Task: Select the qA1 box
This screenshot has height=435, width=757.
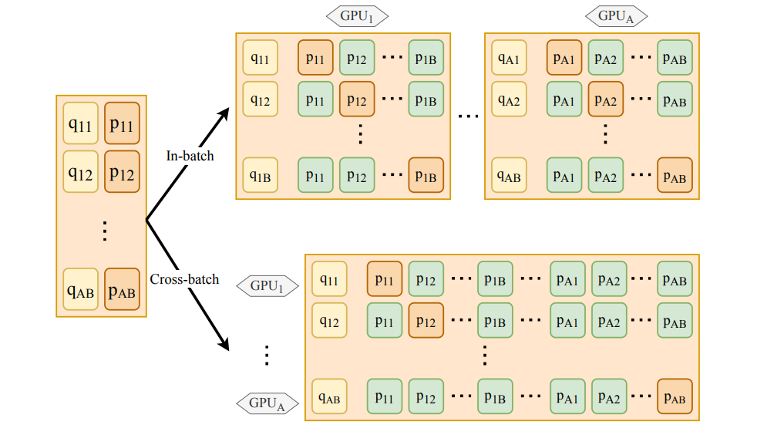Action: [x=509, y=58]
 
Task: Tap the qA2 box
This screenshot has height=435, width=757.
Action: [x=509, y=99]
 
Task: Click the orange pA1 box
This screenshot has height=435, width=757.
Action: [x=564, y=58]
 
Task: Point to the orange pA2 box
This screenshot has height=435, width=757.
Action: [x=606, y=99]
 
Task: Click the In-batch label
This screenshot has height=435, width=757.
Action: [x=190, y=156]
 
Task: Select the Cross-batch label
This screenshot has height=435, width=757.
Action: [x=184, y=279]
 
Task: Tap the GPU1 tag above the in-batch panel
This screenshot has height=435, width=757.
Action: [x=357, y=15]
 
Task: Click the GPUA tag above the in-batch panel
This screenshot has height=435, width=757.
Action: [x=616, y=15]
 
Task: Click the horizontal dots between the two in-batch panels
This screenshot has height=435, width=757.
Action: [x=468, y=116]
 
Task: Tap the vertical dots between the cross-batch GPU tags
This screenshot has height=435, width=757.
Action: [x=267, y=355]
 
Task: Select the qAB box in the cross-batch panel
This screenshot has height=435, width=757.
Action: [x=329, y=398]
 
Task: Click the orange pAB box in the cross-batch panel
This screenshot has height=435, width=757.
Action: [x=675, y=398]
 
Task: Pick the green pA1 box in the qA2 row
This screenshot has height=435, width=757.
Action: [x=564, y=99]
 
